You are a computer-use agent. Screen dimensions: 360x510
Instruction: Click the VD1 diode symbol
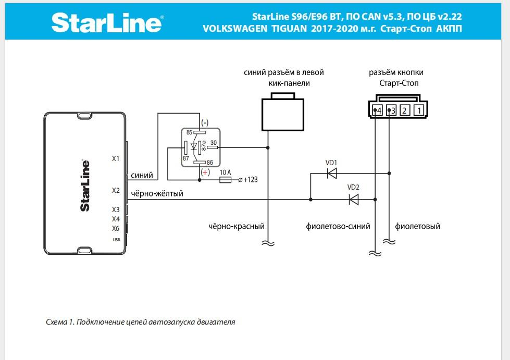click(331, 173)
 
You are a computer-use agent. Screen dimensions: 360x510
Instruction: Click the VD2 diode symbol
click(353, 199)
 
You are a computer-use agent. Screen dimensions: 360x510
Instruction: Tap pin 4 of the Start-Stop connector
click(378, 110)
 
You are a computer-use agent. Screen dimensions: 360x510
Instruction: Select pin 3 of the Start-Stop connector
click(392, 110)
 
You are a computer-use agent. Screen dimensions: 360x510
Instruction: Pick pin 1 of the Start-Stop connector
click(420, 110)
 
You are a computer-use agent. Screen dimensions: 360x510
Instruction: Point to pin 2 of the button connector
click(406, 110)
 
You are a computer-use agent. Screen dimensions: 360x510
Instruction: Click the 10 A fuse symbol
click(226, 180)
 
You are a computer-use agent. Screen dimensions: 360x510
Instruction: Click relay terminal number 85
click(189, 132)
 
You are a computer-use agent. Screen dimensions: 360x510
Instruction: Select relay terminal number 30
click(213, 143)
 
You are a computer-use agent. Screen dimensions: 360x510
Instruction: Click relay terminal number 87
click(185, 158)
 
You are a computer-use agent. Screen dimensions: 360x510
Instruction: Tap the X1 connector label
click(116, 158)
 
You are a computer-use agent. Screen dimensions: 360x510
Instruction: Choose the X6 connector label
click(116, 228)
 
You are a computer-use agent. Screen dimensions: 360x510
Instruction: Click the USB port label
click(116, 240)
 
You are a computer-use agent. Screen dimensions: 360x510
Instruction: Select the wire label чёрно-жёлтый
click(157, 194)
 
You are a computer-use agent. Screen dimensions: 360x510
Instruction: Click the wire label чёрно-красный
click(237, 227)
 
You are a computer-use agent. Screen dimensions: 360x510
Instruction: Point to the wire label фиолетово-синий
click(338, 227)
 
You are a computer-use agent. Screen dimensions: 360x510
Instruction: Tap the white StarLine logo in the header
click(107, 23)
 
